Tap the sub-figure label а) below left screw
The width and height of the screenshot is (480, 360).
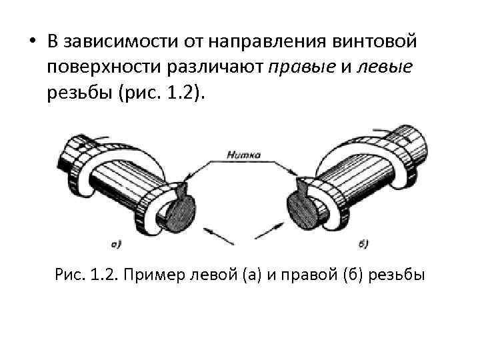coord(115,244)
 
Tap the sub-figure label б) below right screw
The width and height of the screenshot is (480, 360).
coord(363,244)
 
